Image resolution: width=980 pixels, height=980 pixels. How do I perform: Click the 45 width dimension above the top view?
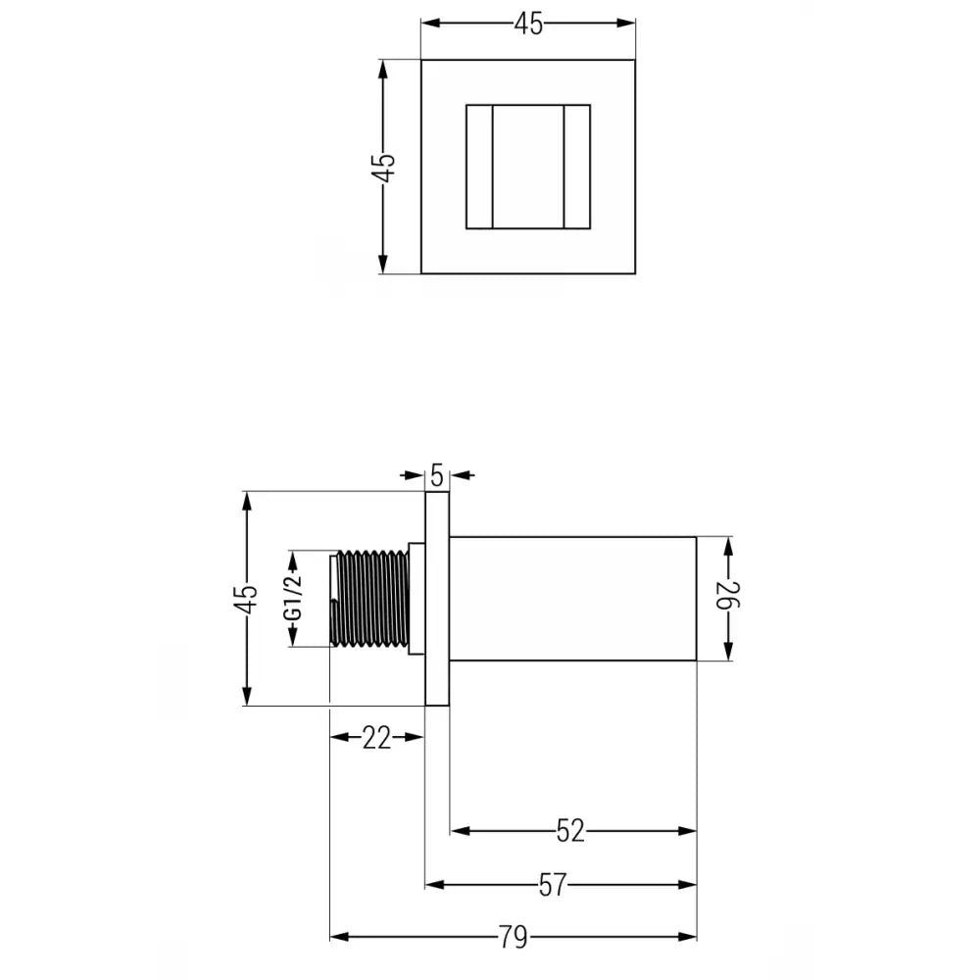click(x=528, y=25)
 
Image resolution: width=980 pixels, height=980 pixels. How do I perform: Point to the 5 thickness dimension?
click(x=437, y=475)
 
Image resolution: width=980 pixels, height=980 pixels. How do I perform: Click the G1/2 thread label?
click(x=292, y=598)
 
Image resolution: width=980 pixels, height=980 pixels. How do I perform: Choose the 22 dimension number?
click(x=376, y=738)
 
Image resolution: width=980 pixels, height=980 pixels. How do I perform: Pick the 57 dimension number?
click(x=553, y=885)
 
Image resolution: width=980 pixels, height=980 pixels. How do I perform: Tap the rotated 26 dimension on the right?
click(x=727, y=598)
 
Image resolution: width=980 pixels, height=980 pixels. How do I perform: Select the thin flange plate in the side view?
click(x=437, y=598)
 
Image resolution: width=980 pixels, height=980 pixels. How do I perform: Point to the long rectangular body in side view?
click(x=573, y=598)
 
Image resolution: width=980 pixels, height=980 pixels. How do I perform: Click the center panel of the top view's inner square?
click(x=528, y=167)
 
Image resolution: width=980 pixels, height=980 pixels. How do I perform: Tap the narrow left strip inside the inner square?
click(x=478, y=167)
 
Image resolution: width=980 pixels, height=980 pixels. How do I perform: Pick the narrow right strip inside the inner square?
click(x=577, y=167)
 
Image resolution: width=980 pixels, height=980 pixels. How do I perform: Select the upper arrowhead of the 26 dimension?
click(x=727, y=545)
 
